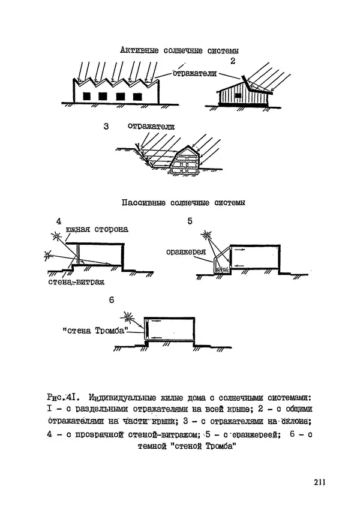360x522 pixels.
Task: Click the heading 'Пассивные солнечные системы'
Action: click(x=183, y=203)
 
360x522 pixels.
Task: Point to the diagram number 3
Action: click(x=106, y=127)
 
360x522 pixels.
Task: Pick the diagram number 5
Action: click(x=190, y=221)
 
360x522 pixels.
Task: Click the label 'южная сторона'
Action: click(x=97, y=230)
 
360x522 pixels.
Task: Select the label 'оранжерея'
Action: click(x=187, y=252)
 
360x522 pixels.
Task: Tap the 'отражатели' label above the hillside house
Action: click(x=151, y=127)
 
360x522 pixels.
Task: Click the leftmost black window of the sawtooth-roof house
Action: click(x=87, y=96)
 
